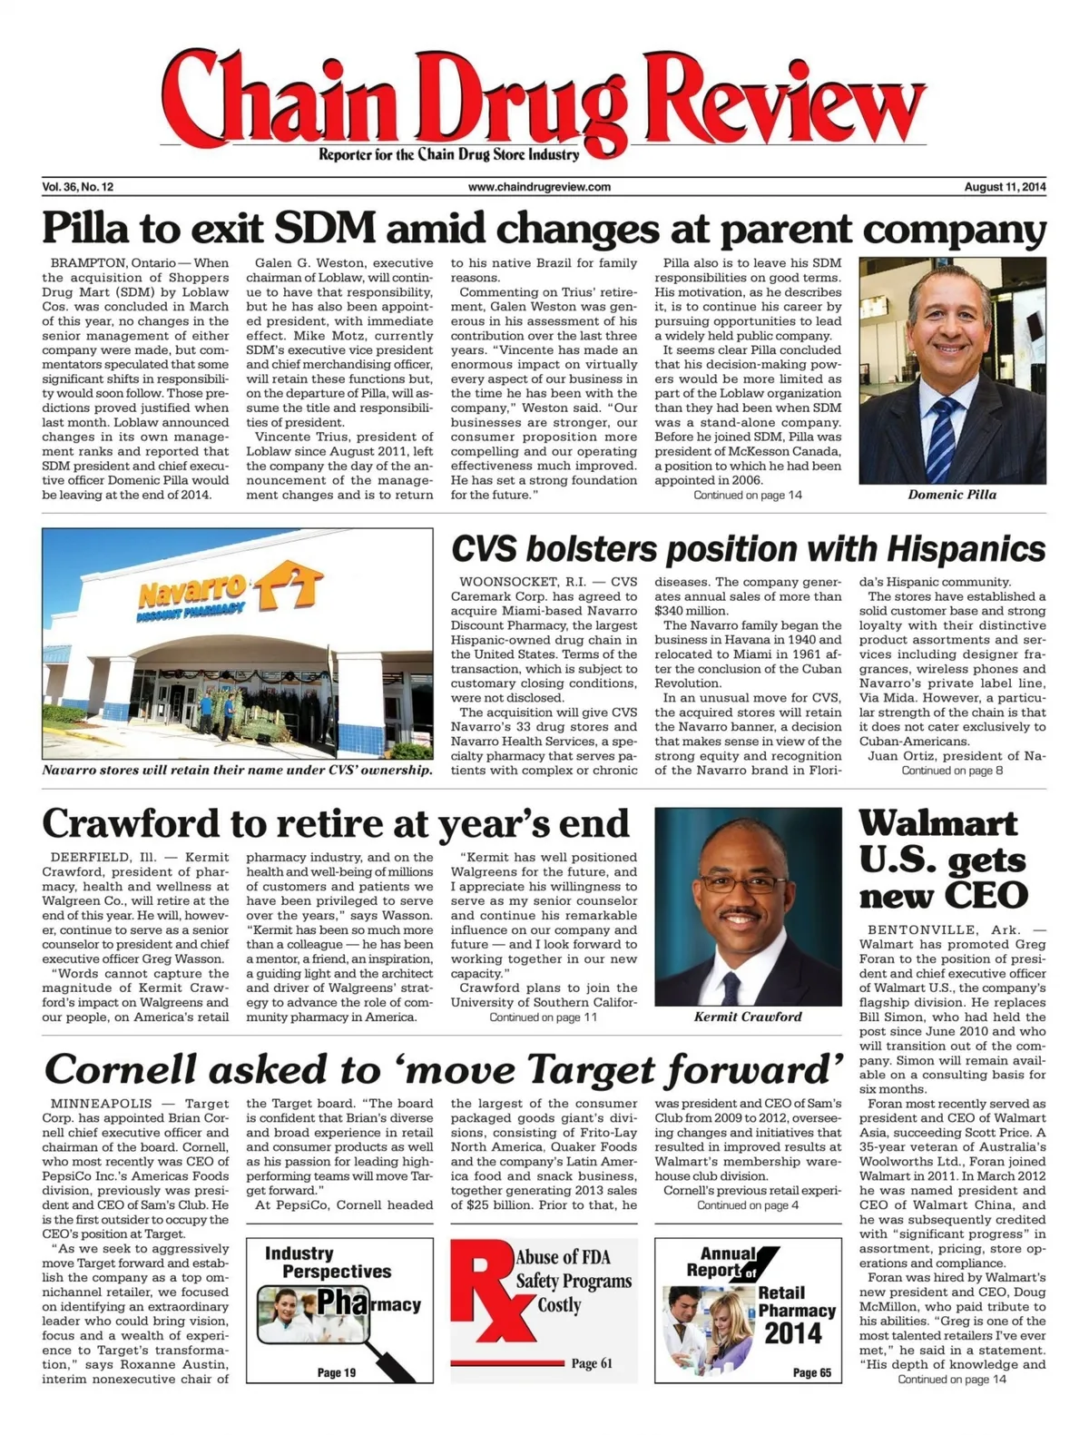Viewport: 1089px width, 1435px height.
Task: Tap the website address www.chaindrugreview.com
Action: pyautogui.click(x=539, y=187)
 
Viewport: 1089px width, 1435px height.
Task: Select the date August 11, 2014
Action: pyautogui.click(x=1005, y=187)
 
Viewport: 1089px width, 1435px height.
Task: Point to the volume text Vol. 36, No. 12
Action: pyautogui.click(x=78, y=187)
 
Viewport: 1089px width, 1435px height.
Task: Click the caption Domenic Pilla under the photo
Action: pyautogui.click(x=952, y=495)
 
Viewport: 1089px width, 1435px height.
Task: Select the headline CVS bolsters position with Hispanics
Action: pyautogui.click(x=748, y=549)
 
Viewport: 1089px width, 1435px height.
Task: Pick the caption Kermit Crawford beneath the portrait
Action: pyautogui.click(x=747, y=1017)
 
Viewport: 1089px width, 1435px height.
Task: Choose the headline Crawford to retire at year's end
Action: pyautogui.click(x=336, y=823)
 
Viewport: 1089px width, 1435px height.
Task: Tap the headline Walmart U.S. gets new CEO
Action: pyautogui.click(x=944, y=859)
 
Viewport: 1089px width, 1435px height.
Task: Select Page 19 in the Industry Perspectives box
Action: pyautogui.click(x=336, y=1372)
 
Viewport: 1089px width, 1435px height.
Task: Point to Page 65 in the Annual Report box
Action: pyautogui.click(x=811, y=1372)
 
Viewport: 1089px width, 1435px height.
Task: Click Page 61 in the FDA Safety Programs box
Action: pyautogui.click(x=592, y=1363)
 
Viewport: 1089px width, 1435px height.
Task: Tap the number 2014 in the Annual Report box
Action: pyautogui.click(x=792, y=1333)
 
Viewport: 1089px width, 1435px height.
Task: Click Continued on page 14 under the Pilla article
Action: pyautogui.click(x=747, y=495)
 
